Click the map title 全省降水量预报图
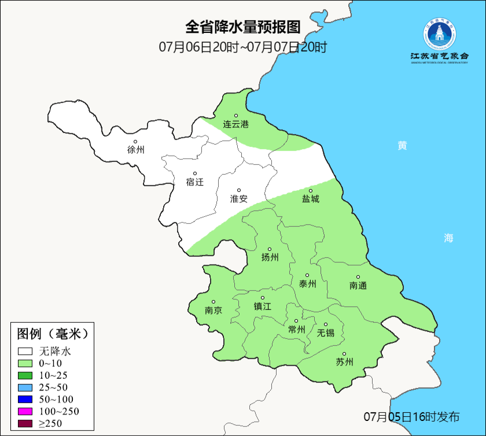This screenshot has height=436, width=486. coord(243,27)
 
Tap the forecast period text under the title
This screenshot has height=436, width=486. coord(243,47)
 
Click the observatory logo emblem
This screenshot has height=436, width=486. coord(439,34)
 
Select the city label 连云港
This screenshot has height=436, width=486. coord(236,124)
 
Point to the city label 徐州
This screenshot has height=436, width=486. coord(135,150)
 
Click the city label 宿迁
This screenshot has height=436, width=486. coord(195,182)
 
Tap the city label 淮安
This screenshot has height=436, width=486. coord(239,199)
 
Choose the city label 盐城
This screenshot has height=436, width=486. coord(310,199)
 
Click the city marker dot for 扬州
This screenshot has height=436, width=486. coord(270,249)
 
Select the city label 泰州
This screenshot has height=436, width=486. coord(307,284)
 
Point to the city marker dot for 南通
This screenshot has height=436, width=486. coord(358,277)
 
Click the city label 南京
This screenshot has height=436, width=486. coord(213,311)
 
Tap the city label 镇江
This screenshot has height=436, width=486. coord(262,306)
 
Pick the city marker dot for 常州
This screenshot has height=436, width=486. coord(296,321)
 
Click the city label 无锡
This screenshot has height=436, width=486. coord(326,333)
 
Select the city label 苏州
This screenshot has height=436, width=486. coord(344,363)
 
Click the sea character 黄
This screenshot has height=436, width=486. coord(402,146)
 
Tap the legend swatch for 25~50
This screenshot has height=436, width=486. coord(25,387)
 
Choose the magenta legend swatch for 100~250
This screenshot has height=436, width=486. coord(25,411)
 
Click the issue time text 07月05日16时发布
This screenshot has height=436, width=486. coord(411,416)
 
